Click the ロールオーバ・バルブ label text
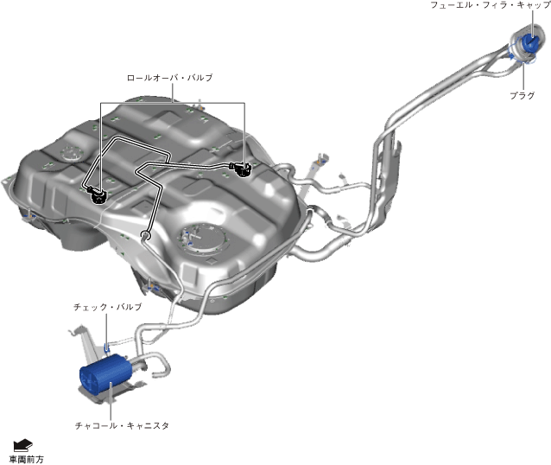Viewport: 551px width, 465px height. [169, 78]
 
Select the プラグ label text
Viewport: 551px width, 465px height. [522, 95]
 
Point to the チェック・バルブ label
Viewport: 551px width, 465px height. [107, 307]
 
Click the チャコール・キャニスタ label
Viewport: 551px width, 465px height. [122, 425]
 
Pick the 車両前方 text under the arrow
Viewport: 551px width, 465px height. [26, 459]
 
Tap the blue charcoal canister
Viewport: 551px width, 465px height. [105, 375]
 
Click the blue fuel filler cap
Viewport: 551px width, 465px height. [532, 45]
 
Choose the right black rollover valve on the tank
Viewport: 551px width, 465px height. [244, 168]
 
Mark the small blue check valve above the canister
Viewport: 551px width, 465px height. [108, 347]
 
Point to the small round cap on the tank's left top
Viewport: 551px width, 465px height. [67, 156]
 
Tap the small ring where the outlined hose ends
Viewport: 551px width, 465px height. [145, 235]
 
